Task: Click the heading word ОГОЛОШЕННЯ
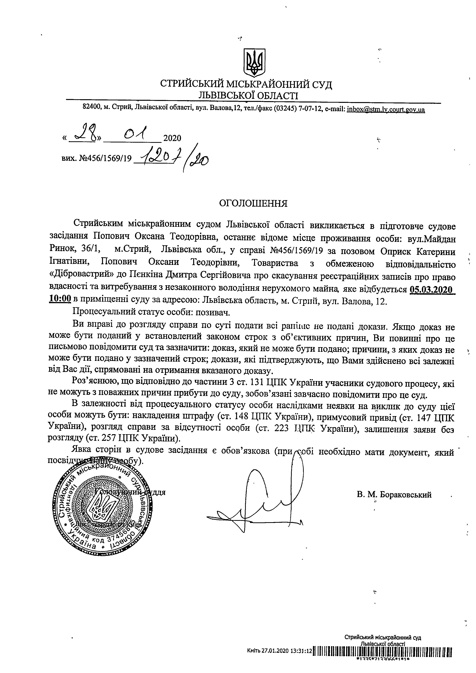coord(254,203)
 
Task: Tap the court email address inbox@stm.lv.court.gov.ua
coord(386,110)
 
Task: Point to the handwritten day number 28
coord(82,135)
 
